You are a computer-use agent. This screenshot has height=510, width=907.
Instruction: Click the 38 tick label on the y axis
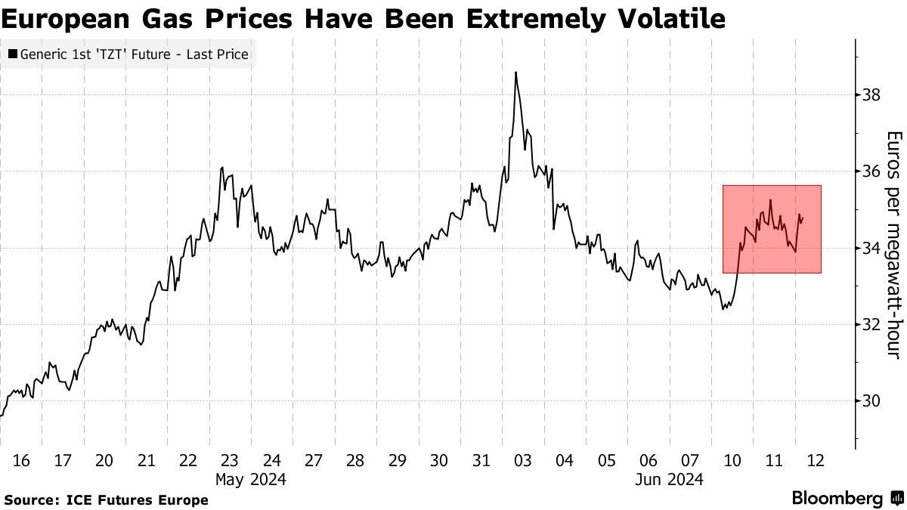(871, 95)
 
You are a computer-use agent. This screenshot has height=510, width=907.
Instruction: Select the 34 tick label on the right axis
(871, 248)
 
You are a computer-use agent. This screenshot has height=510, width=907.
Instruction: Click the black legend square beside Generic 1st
(14, 54)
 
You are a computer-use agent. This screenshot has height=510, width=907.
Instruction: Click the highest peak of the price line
(515, 73)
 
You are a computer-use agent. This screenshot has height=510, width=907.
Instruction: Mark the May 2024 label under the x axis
(250, 479)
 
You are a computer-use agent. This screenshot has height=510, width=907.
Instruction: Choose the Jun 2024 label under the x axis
(669, 479)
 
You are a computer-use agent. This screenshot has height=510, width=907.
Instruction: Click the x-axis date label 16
(21, 460)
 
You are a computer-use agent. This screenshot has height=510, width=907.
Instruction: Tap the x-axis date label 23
(230, 460)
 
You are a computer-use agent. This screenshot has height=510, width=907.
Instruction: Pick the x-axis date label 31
(481, 460)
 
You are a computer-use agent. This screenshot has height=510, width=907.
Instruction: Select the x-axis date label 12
(815, 460)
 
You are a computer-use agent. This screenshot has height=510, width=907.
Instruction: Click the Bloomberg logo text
(837, 499)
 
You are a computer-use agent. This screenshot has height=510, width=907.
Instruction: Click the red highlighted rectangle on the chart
(772, 229)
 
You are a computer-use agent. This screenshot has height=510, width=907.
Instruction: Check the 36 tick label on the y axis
(871, 172)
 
